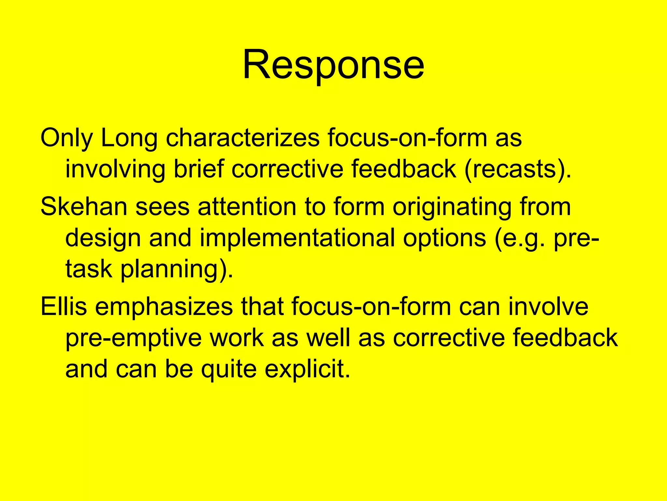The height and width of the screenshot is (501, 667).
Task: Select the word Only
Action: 66,138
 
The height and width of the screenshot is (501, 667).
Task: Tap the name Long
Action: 129,138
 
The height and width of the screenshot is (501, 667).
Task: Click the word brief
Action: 199,169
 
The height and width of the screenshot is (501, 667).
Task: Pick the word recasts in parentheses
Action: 514,169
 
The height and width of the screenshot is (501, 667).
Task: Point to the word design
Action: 103,238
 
